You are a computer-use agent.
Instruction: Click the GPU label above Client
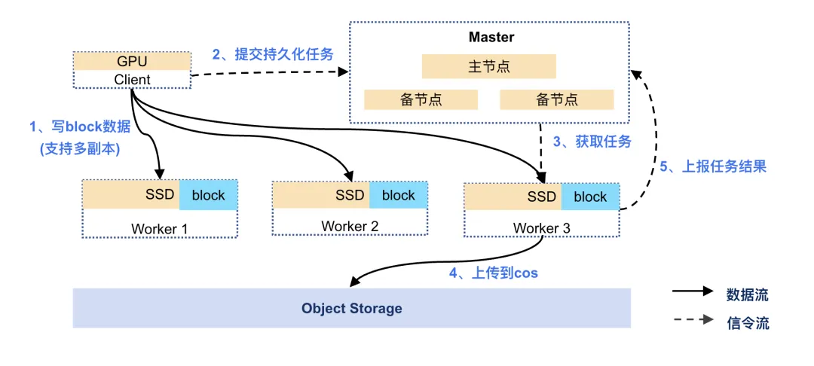point(132,61)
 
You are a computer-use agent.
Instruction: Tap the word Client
point(132,79)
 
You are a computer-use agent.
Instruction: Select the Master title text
point(491,37)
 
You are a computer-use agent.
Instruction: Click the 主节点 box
point(489,66)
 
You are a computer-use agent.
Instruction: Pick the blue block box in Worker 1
point(208,196)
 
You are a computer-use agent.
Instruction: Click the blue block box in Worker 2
point(398,196)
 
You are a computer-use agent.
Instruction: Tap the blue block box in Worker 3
point(589,197)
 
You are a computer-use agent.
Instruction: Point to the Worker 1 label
point(160,228)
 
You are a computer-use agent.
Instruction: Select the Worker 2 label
point(350,226)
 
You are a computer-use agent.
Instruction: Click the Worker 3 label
point(541,228)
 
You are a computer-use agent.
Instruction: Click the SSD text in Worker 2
point(350,196)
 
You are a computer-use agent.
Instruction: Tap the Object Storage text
point(351,309)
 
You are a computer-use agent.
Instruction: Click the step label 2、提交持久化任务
point(272,54)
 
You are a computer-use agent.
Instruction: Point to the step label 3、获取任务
point(592,142)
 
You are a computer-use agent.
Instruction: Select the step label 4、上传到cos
point(494,273)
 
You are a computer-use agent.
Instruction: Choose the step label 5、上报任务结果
point(713,167)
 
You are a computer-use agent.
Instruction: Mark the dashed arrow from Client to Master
point(271,74)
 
